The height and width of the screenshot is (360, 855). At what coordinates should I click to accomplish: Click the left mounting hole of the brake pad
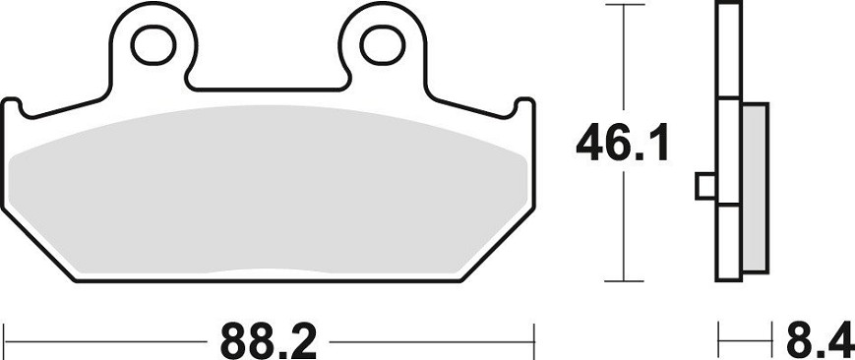pyautogui.click(x=153, y=44)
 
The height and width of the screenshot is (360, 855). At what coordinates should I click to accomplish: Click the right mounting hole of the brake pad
pyautogui.click(x=383, y=44)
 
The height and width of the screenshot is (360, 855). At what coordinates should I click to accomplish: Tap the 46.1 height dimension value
pyautogui.click(x=622, y=143)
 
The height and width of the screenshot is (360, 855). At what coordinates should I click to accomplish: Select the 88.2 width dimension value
pyautogui.click(x=268, y=341)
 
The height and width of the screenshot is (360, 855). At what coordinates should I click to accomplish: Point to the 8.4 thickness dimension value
pyautogui.click(x=819, y=341)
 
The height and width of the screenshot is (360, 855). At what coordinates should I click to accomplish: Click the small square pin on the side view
pyautogui.click(x=705, y=186)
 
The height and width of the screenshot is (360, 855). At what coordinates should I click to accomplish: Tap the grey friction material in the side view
pyautogui.click(x=755, y=188)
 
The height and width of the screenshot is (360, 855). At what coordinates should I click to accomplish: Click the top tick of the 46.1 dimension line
pyautogui.click(x=625, y=5)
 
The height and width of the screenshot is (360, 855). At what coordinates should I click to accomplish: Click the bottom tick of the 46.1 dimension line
pyautogui.click(x=625, y=281)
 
